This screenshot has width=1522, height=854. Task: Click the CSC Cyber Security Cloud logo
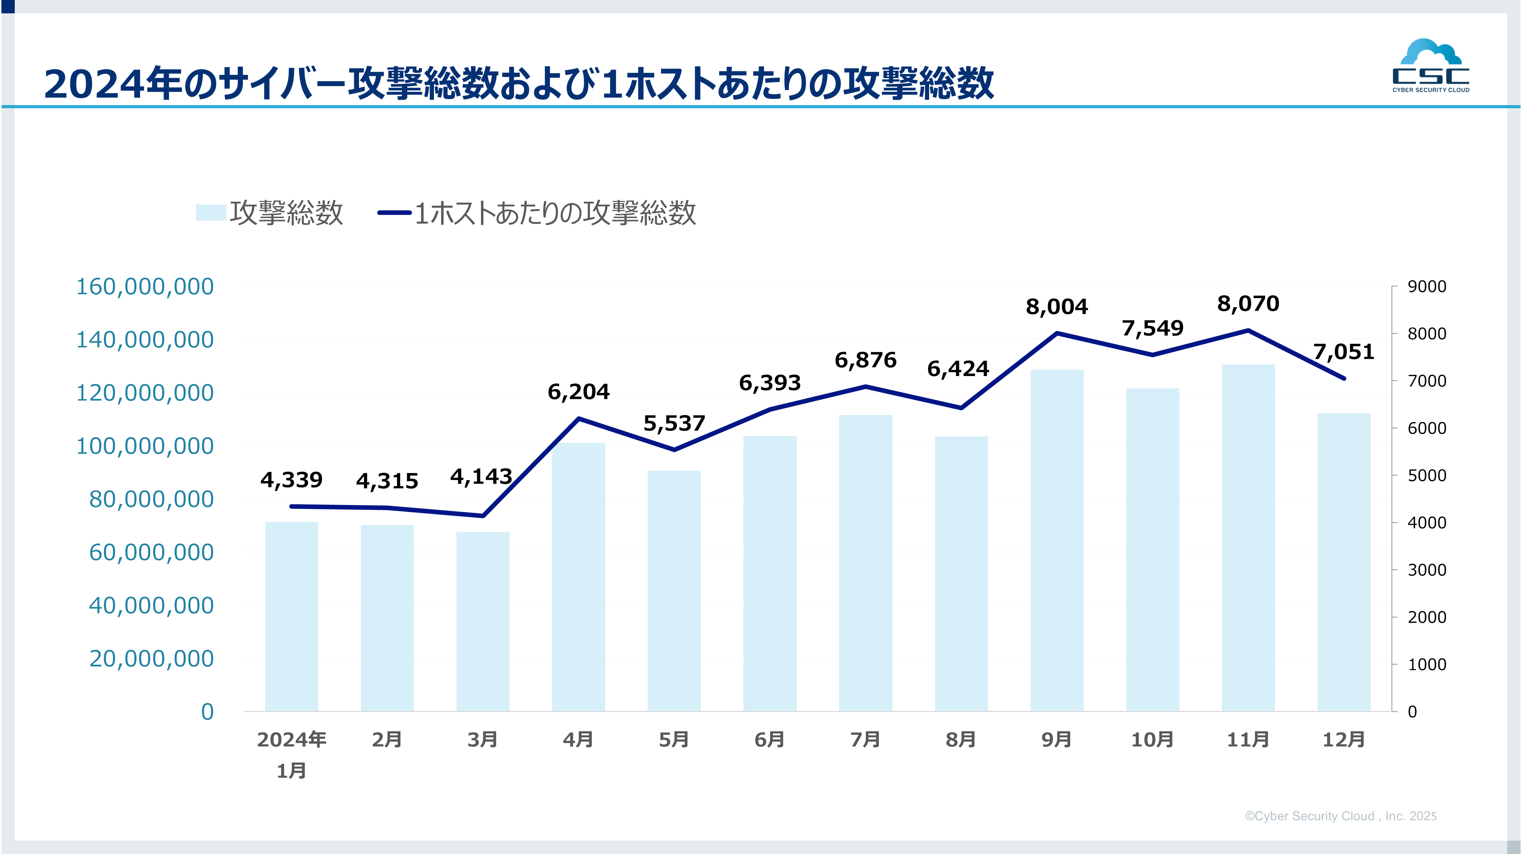tap(1431, 66)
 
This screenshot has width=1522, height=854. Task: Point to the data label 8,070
tap(1248, 304)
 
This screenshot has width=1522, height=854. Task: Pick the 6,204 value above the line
tap(578, 392)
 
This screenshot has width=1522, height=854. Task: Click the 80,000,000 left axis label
tap(151, 499)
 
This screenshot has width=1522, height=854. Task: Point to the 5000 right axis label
tap(1427, 475)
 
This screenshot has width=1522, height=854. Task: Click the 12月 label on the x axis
tap(1344, 739)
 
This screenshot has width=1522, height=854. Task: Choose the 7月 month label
tap(865, 739)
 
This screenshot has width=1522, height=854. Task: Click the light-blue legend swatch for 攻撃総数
tap(211, 213)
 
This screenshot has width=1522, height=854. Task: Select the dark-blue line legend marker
tap(395, 213)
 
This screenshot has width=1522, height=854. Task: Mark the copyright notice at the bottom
tap(1340, 816)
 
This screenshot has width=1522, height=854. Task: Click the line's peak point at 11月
tap(1248, 331)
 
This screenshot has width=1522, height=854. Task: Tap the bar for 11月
tap(1248, 537)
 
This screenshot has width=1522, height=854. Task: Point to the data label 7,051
tap(1344, 352)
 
